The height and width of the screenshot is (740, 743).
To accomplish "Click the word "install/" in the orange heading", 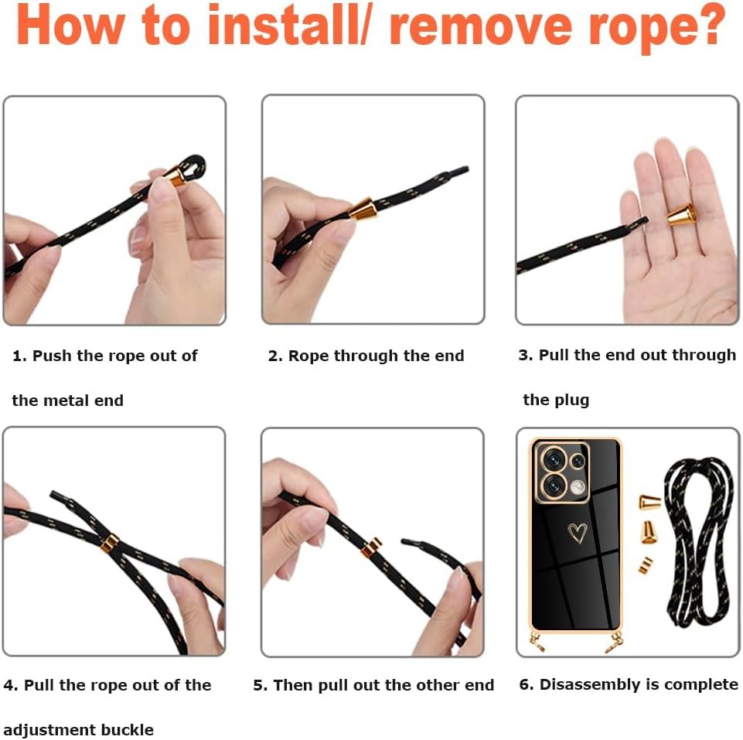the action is (x=288, y=26).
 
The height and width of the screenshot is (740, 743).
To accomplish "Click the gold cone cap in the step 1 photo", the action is (x=176, y=175).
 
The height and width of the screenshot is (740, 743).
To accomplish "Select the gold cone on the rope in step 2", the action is (x=363, y=209).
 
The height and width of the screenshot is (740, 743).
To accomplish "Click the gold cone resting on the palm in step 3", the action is (x=681, y=215).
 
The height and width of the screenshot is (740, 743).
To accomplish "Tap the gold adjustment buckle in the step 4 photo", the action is (x=110, y=544).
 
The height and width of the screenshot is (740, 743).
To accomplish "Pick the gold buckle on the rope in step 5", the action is (x=372, y=547).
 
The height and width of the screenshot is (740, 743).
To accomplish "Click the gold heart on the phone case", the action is (x=578, y=532).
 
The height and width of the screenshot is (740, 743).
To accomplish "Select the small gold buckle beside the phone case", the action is (x=646, y=565).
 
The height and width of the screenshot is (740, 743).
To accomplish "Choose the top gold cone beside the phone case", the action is (x=649, y=502).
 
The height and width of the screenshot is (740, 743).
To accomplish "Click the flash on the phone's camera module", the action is (x=578, y=486).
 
